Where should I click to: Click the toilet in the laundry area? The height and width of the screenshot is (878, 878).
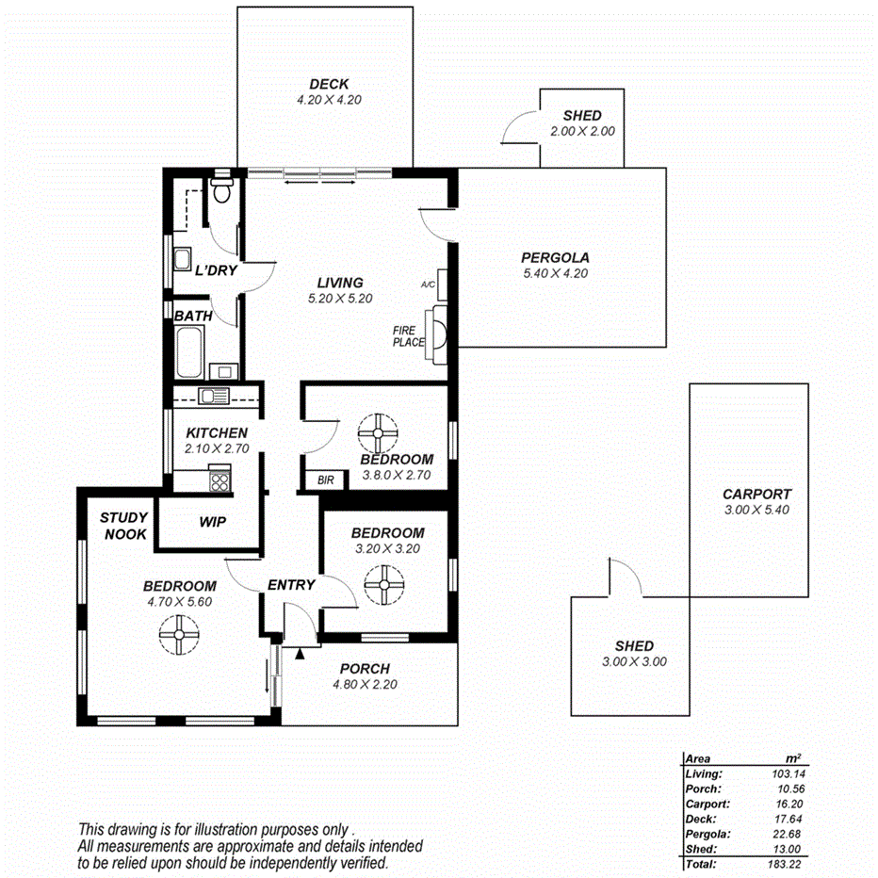[222, 191]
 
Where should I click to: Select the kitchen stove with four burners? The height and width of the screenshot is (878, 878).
[219, 481]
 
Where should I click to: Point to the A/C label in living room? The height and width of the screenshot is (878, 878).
[427, 283]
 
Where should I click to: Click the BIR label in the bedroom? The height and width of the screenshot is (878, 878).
[326, 480]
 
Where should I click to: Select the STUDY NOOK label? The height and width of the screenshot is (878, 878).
[123, 525]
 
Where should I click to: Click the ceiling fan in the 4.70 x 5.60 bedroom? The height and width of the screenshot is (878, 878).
[178, 634]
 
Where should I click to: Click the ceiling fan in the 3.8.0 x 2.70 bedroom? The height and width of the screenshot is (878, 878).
[379, 432]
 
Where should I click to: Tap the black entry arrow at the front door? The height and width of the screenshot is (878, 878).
[301, 652]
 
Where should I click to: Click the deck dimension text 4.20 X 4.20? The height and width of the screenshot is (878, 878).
[329, 99]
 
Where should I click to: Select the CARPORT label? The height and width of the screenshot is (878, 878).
[756, 494]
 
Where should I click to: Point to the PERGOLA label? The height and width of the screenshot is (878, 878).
[555, 257]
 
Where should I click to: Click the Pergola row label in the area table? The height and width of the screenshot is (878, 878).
[705, 833]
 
